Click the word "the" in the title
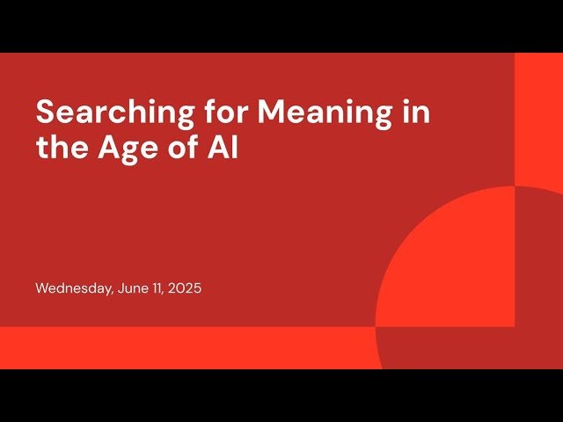(58, 148)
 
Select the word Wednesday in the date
(73, 287)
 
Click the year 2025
(185, 287)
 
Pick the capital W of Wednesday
(42, 287)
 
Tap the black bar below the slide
(281, 396)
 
